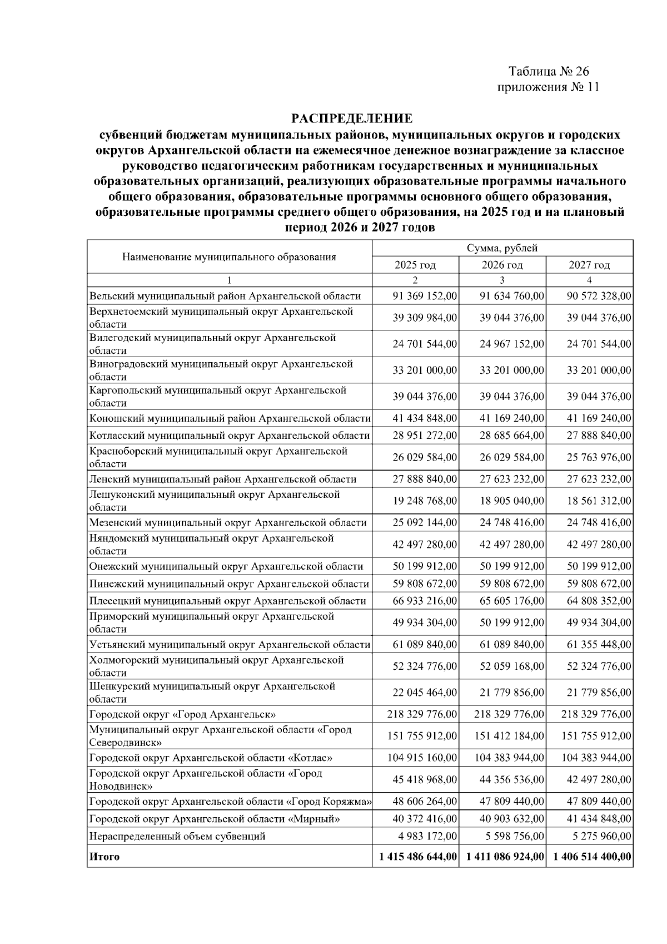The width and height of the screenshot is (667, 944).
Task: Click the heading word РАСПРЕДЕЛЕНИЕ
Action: [x=352, y=118]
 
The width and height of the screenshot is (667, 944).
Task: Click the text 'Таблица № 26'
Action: [x=548, y=72]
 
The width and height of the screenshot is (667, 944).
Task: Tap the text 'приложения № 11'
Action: [x=548, y=87]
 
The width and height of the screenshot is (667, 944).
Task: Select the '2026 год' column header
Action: [x=502, y=265]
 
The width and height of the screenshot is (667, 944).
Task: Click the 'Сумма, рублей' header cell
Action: [x=502, y=249]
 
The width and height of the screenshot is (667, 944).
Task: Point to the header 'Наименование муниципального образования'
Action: [x=229, y=256]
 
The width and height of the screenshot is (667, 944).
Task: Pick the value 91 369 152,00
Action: [x=425, y=296]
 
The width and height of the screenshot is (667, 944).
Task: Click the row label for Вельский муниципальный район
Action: [x=225, y=296]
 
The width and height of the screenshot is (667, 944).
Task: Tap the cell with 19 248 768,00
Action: [x=425, y=501]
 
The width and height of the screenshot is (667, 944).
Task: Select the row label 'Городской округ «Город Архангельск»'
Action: [x=183, y=714]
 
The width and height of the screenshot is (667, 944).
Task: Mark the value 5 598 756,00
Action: [x=512, y=836]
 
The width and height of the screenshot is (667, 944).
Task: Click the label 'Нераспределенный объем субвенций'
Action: [x=177, y=836]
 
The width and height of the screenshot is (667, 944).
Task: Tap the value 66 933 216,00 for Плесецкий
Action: [x=425, y=601]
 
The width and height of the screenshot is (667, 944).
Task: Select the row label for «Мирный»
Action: [x=215, y=819]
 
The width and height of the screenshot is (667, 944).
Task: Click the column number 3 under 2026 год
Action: [x=502, y=280]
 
